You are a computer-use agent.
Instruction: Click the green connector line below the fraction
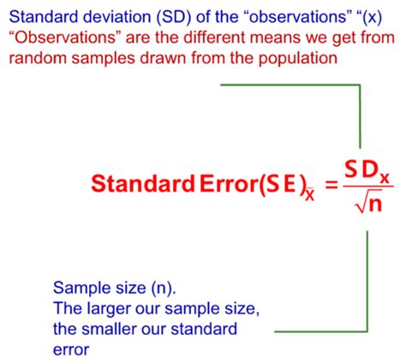(367, 283)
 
